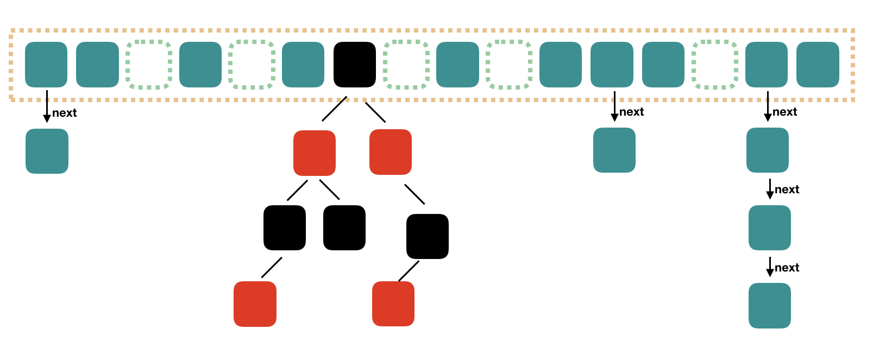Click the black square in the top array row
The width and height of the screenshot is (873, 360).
pos(354,65)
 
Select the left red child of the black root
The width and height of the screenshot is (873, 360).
pos(314,153)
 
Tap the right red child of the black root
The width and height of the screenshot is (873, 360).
pos(390,152)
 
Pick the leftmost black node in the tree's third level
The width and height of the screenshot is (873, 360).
pos(284,228)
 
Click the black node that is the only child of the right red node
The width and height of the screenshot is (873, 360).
pos(427,236)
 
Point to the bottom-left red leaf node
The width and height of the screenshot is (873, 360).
pos(255,304)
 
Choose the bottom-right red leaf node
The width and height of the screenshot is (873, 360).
pos(393,304)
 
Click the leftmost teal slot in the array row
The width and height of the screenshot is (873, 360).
pos(46,65)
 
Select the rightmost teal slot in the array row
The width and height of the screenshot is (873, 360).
pos(818,65)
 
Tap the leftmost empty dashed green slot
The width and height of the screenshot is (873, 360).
pos(149,65)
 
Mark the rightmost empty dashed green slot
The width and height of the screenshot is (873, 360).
pos(715,65)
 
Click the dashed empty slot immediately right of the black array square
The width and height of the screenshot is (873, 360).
pos(406,65)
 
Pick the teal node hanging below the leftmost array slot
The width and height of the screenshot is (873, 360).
pos(47,151)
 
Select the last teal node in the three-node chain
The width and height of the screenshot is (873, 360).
pos(769,306)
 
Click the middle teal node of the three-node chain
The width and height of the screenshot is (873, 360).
pos(769,228)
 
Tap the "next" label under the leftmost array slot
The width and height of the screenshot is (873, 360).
pos(64,113)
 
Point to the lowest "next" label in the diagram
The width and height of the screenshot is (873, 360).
pos(787,268)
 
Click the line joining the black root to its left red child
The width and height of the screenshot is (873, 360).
pos(334,109)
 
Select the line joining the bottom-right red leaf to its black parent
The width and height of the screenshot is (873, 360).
pos(409,271)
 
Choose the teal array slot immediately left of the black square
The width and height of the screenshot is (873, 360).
pos(303,65)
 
